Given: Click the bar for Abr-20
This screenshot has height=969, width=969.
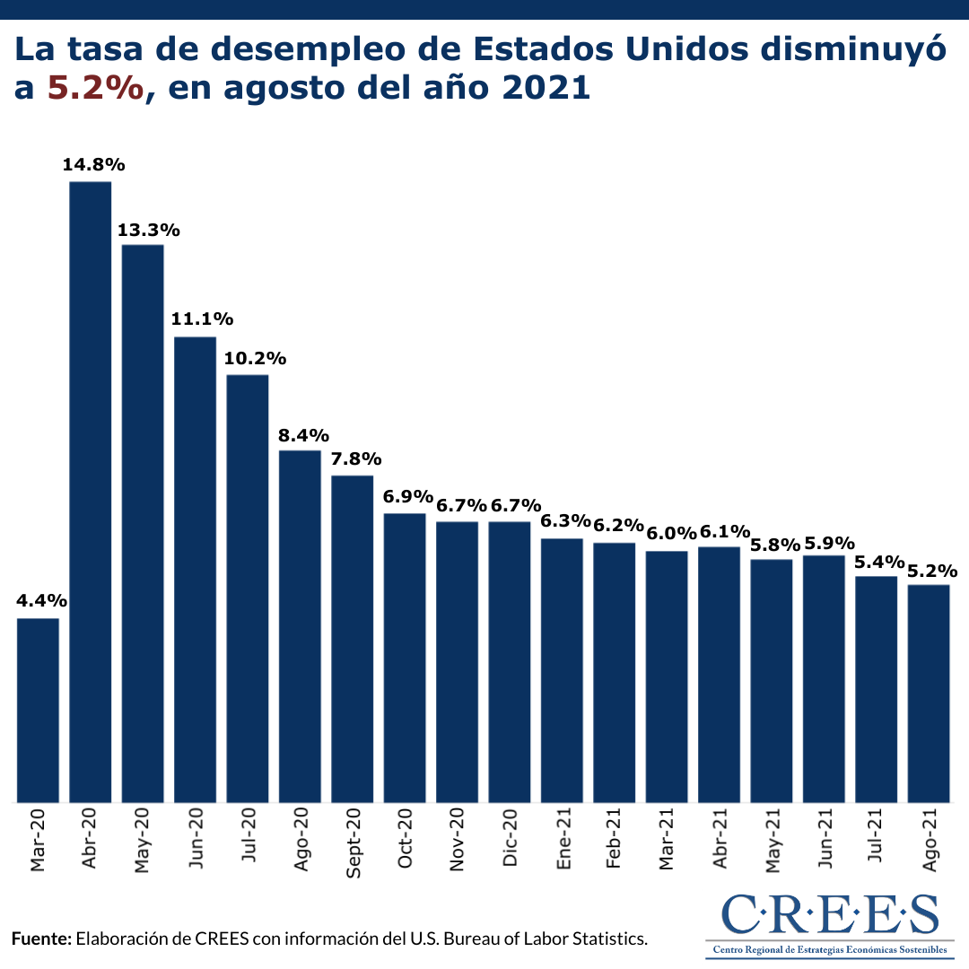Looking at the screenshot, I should tap(90, 492).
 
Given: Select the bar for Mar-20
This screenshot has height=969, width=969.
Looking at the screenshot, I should tap(38, 710).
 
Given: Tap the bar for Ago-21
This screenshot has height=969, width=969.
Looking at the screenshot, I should tap(929, 693).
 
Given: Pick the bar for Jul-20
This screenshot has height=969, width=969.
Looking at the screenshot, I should tap(248, 588).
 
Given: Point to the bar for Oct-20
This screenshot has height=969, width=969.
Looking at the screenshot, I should tap(405, 658).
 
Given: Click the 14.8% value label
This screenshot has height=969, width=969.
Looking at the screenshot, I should tap(93, 165).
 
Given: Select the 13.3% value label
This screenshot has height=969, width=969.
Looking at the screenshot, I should tap(149, 230).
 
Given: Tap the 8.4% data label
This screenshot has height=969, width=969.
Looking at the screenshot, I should tap(300, 435).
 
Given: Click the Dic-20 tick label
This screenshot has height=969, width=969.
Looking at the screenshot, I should tap(510, 840).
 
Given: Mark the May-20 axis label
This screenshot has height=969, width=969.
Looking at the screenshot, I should tap(143, 842).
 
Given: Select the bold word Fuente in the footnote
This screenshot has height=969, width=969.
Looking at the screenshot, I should tap(40, 939).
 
